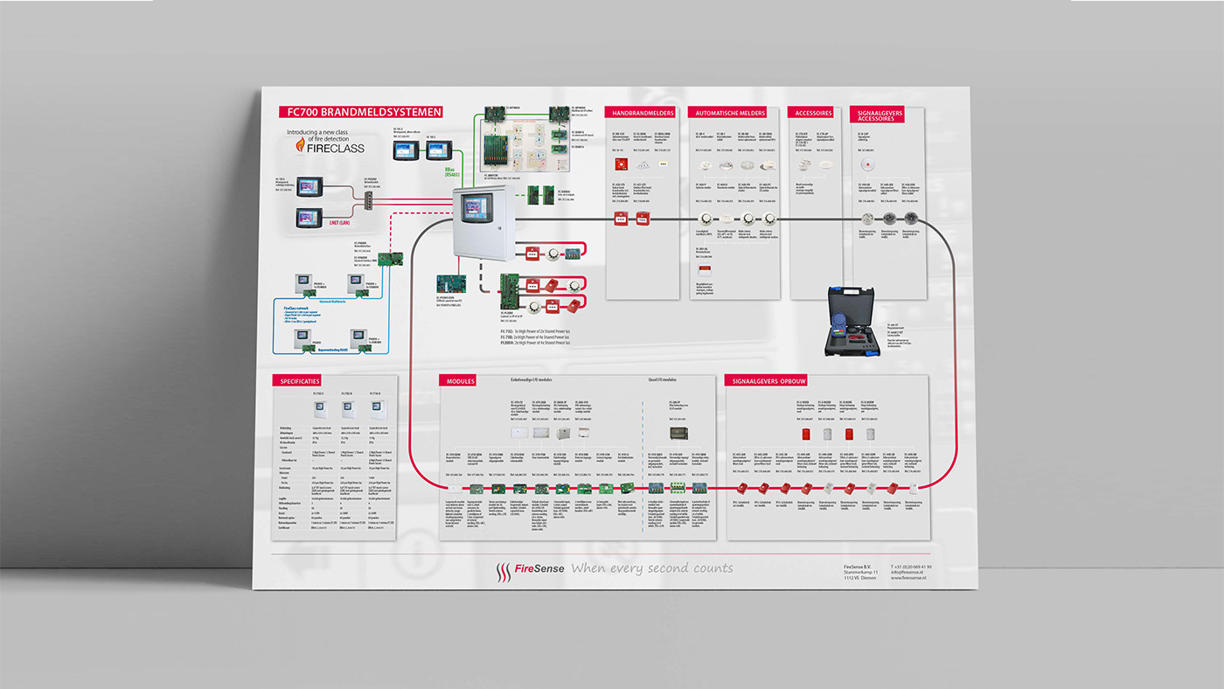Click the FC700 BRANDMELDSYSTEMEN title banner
pyautogui.click(x=359, y=112)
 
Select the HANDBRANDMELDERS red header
pyautogui.click(x=643, y=113)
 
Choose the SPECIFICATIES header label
pyautogui.click(x=300, y=381)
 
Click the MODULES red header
pyautogui.click(x=461, y=381)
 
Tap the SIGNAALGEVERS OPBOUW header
pyautogui.click(x=769, y=381)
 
